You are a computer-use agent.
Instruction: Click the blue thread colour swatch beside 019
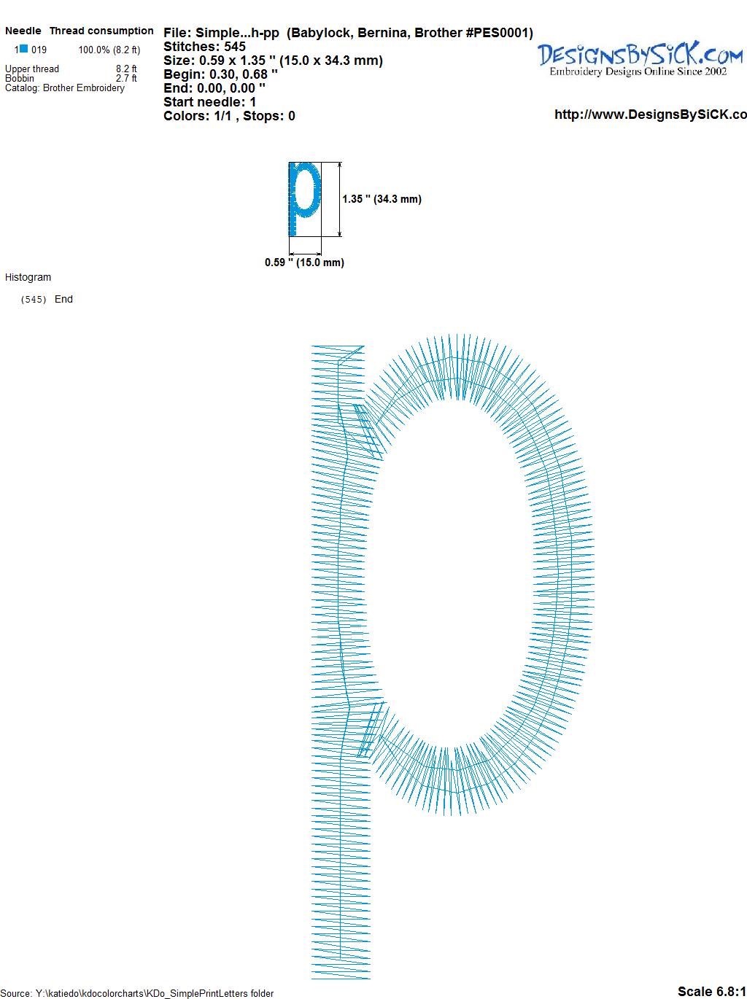click(x=23, y=49)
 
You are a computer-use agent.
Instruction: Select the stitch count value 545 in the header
click(x=235, y=47)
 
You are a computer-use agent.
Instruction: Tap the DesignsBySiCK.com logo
click(x=640, y=59)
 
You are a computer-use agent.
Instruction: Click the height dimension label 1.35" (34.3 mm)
click(x=382, y=199)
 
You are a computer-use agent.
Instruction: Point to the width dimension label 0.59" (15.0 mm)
click(x=304, y=263)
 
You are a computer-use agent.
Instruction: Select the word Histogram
click(x=28, y=277)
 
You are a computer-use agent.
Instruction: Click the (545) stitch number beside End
click(x=34, y=300)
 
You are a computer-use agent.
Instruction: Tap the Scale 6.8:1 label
click(x=711, y=991)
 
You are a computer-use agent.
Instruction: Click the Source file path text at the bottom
click(x=137, y=993)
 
